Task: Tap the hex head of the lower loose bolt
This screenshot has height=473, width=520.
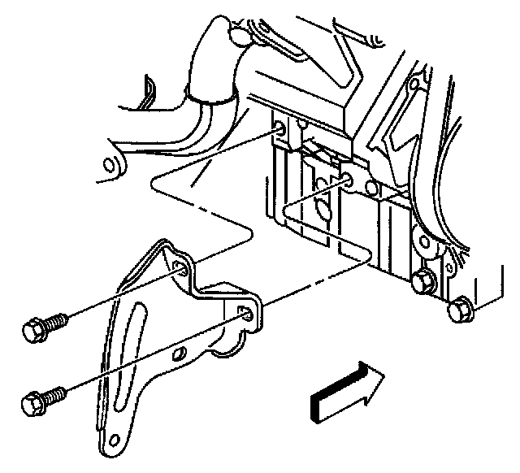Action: [x=33, y=403]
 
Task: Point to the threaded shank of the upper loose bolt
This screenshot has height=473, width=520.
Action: [x=59, y=320]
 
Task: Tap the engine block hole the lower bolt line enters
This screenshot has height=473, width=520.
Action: [x=348, y=180]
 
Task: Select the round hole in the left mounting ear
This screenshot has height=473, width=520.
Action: [x=106, y=167]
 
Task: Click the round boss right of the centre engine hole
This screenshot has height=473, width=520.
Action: [x=371, y=189]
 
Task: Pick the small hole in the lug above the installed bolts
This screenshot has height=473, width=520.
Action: [x=422, y=241]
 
